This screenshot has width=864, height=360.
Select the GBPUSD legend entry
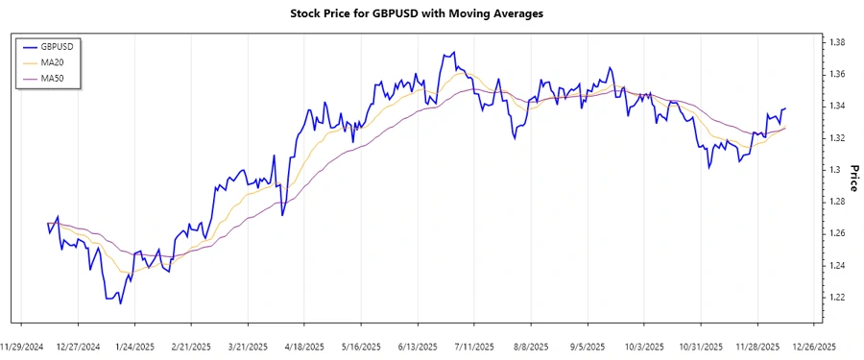[54, 46]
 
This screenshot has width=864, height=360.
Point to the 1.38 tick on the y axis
[837, 42]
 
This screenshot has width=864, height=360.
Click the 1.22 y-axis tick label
[837, 298]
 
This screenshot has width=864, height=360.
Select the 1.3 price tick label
[834, 170]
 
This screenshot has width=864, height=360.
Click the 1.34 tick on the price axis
[837, 106]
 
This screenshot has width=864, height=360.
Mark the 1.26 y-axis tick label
[837, 233]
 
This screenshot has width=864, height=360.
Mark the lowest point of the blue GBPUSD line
[120, 304]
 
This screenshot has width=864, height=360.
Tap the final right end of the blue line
[786, 108]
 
